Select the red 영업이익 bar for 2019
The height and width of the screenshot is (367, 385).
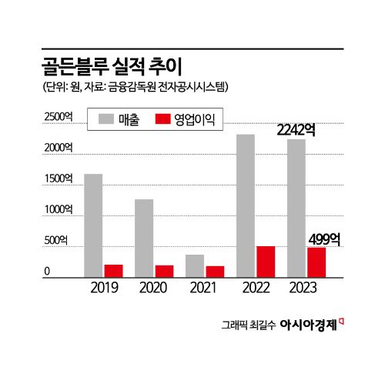coord(114,271)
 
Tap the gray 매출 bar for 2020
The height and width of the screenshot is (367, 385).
coord(144,238)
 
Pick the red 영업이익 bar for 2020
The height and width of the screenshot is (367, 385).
coord(164,271)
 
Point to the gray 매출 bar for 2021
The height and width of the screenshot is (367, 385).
coord(195,265)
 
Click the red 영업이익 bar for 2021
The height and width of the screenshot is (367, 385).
coord(215,272)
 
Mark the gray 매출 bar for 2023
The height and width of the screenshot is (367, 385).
coord(296,208)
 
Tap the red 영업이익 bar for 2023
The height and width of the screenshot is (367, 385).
coord(316,262)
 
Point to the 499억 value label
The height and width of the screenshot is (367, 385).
coord(323,239)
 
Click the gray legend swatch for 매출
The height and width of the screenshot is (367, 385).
coord(106,119)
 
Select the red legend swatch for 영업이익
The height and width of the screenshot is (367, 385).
coord(162,119)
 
